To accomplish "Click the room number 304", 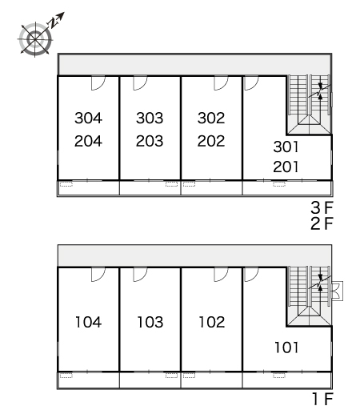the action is coord(88,118).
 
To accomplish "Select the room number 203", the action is coord(150,141).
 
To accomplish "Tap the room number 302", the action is coord(211,118).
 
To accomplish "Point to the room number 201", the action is coord(286,167).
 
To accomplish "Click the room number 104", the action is coord(89,322).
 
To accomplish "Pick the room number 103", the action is coord(150,322).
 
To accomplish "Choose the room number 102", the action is coord(212,322).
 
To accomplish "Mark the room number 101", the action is coord(286,348).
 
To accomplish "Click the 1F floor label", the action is coord(323,399).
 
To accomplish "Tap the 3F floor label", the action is coord(322,207).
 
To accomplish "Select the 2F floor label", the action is coord(322,223).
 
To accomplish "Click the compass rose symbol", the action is coord(35,39).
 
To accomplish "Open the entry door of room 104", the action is coord(98,275).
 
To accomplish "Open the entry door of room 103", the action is coord(140,275).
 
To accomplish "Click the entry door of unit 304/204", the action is coord(98,83).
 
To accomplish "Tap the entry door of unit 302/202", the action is coord(221,83).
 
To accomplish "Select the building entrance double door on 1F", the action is coord(337,291).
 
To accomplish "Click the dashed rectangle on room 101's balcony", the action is coord(279,376).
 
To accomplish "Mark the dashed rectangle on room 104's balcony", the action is coord(66,376).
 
